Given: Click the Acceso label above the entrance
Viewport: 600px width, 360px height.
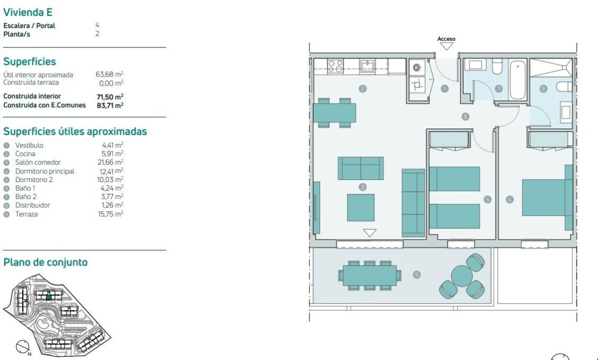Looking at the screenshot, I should (446, 39).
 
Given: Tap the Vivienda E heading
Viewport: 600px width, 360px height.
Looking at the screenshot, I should (28, 12).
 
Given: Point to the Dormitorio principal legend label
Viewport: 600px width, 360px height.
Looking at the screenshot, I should (45, 171).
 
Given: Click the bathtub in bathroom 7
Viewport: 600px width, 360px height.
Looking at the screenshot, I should (518, 80).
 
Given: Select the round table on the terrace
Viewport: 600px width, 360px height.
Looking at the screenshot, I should (462, 275).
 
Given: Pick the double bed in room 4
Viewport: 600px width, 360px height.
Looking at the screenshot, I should (545, 197).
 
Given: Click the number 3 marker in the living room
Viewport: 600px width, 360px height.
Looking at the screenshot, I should (362, 187).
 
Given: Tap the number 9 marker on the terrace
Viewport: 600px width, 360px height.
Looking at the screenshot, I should (416, 275).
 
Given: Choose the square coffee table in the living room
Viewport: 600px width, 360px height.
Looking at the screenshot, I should (361, 208).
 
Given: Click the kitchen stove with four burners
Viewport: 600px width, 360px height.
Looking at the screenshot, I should (335, 66).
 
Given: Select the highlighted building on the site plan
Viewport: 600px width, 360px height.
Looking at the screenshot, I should (48, 298).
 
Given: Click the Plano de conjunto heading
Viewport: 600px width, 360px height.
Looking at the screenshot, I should (45, 262).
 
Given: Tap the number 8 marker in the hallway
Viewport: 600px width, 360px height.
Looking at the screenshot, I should (465, 116).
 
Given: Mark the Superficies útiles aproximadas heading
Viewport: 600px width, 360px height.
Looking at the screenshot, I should (75, 131).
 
